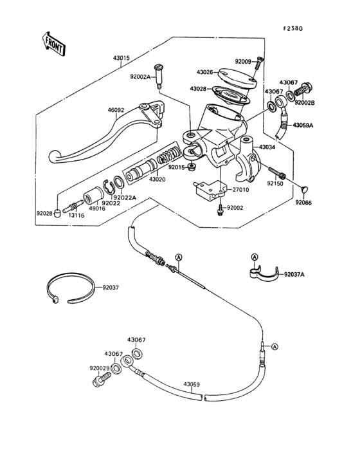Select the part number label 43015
(x=122, y=58)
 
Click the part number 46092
(x=116, y=110)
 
